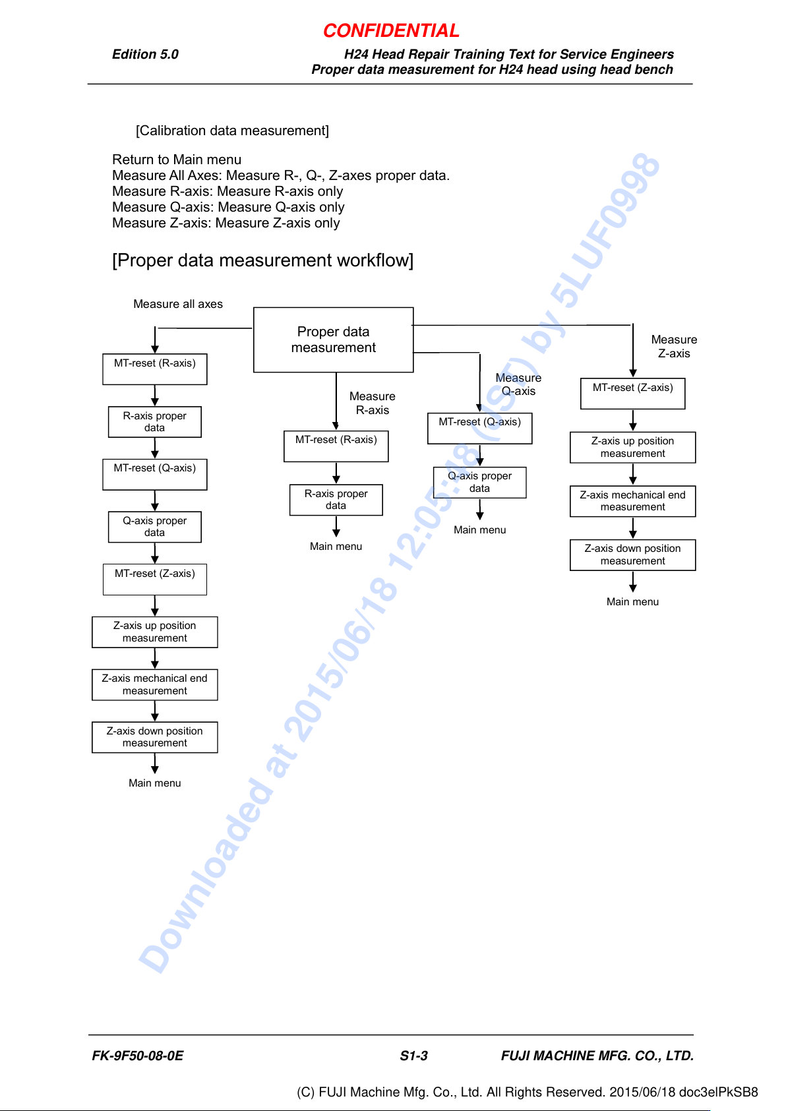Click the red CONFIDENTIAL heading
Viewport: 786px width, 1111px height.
point(391,31)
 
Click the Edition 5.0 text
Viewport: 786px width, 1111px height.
point(145,54)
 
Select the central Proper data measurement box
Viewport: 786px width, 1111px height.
point(333,340)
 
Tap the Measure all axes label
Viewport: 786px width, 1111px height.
point(178,303)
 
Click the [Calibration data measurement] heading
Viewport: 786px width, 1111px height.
point(232,131)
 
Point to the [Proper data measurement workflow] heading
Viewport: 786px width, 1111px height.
point(263,260)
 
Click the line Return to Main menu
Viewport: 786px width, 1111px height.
point(177,159)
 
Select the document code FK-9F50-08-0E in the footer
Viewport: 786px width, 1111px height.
point(137,1056)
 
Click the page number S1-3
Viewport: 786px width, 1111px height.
point(413,1056)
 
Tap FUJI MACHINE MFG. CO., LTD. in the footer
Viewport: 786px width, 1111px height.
point(597,1056)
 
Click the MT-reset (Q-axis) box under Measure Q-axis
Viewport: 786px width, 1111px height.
point(479,428)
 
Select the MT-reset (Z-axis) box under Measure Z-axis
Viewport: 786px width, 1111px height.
point(633,394)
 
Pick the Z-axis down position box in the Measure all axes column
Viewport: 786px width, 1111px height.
point(155,737)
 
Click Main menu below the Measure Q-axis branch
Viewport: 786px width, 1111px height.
point(479,529)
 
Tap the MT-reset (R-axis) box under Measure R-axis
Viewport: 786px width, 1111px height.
point(336,446)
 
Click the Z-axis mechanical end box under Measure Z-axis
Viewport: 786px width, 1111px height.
point(633,501)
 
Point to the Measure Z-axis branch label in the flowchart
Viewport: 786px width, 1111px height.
point(674,346)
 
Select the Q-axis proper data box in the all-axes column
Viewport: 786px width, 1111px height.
point(155,527)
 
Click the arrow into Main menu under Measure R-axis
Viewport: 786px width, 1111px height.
point(336,526)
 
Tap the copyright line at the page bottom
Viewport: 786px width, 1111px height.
point(527,1092)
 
